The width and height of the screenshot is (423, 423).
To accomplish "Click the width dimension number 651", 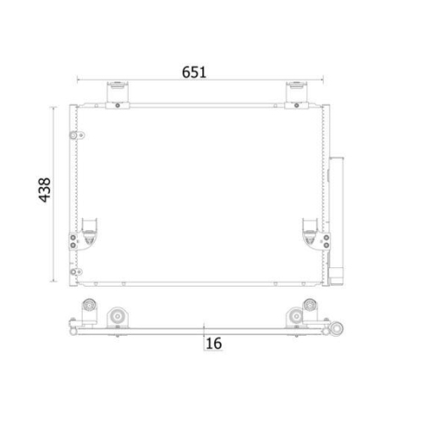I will (195, 72).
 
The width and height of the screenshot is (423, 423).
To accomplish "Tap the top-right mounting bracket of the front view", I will (295, 92).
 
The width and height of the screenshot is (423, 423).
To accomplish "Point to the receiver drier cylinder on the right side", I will (339, 211).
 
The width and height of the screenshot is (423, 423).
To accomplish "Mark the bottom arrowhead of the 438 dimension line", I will (58, 280).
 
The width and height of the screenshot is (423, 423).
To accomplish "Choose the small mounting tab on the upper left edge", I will (77, 137).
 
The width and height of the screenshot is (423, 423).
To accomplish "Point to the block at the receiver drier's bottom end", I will (338, 276).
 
